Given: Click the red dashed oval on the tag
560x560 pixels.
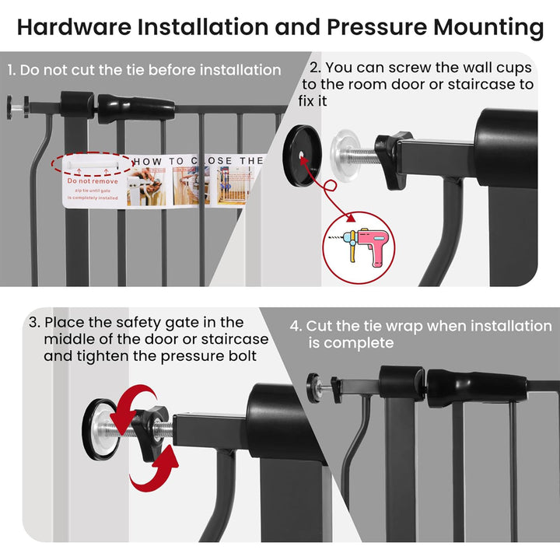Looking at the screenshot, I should pyautogui.click(x=93, y=164).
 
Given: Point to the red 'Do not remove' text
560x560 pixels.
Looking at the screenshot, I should pyautogui.click(x=91, y=180).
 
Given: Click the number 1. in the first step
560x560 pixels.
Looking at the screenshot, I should pyautogui.click(x=12, y=70).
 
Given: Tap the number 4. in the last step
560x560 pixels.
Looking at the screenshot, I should pyautogui.click(x=296, y=326).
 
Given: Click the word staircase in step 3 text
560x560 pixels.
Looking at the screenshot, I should pyautogui.click(x=232, y=339).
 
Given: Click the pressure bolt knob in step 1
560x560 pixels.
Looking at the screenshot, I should pyautogui.click(x=16, y=107).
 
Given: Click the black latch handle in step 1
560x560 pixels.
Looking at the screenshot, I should pyautogui.click(x=136, y=107).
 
